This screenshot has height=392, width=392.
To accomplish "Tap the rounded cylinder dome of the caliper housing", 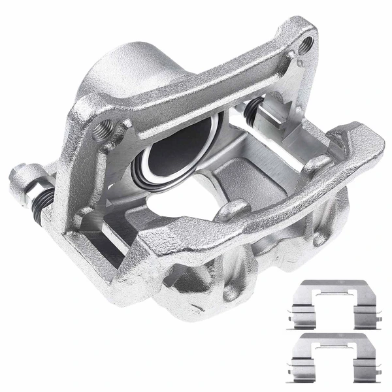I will click(131, 69).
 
